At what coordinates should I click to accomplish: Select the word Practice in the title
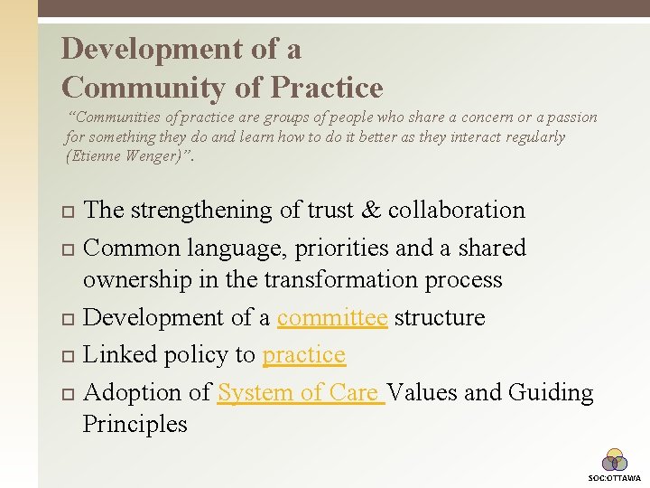coord(327,88)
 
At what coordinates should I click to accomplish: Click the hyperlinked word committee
coord(332,318)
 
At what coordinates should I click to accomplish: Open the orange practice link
coord(303,355)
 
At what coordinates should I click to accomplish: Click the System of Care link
coord(301,392)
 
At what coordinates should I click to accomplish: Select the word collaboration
coord(456,210)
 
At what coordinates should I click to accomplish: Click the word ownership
coord(137,280)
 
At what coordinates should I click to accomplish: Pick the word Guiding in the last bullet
coord(551,392)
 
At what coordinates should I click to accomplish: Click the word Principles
coord(135,424)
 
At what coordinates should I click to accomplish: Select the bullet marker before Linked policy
coord(70,356)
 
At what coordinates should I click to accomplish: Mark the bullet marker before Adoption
coord(70,394)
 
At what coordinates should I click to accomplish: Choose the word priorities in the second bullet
coord(332,248)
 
